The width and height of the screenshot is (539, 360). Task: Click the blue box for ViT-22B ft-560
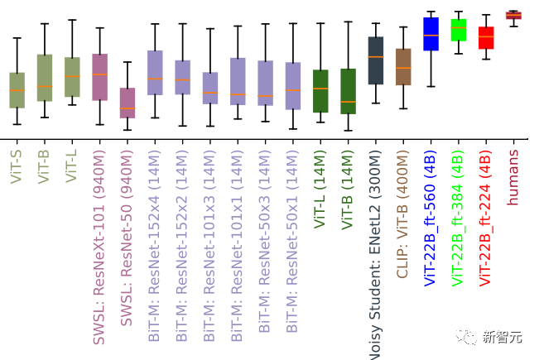coord(431,34)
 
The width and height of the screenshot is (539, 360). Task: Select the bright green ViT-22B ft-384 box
coord(458,30)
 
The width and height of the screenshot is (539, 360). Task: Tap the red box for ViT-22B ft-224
coord(486,38)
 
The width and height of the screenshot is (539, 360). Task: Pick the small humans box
coord(513,15)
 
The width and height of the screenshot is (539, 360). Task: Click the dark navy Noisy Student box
coord(375,60)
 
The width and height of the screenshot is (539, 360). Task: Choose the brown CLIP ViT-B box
coord(403,67)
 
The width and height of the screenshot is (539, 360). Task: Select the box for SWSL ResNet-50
coord(127,103)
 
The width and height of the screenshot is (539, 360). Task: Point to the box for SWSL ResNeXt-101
coord(99,77)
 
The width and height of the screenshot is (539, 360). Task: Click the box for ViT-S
coord(17,90)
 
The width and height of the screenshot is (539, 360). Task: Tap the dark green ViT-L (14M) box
coord(320,90)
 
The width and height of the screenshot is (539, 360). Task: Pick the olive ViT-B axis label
coord(44,166)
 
